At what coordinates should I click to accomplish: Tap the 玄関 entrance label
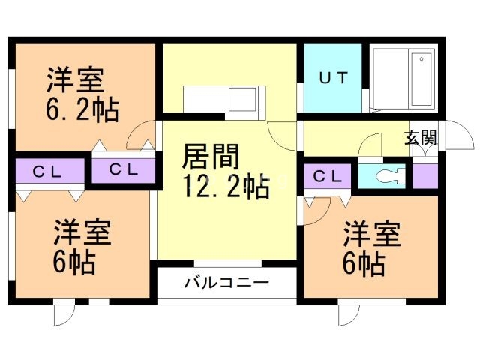pos(420,137)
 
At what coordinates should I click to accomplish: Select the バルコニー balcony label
pos(226,284)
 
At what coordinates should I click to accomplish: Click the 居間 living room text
pos(211,158)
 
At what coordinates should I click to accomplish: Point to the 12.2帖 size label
pos(226,187)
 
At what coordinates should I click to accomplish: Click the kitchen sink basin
pos(242,99)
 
